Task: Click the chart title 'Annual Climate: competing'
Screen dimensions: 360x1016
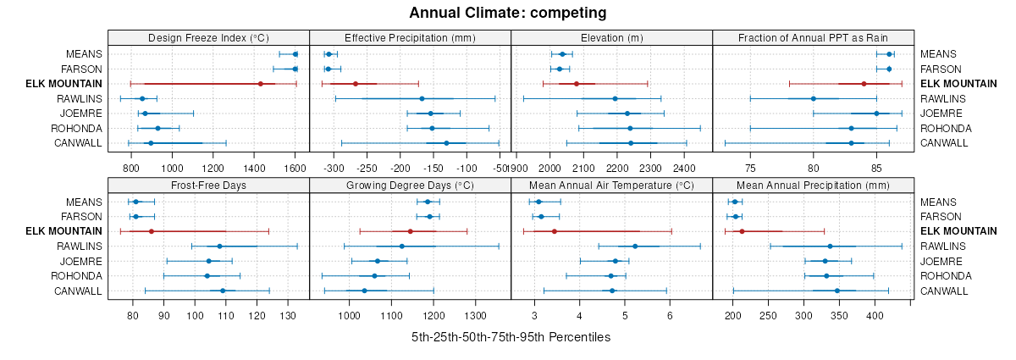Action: coord(508,13)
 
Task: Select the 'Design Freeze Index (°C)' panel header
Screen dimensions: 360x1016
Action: coord(208,37)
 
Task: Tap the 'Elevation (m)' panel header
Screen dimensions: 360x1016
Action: coord(611,37)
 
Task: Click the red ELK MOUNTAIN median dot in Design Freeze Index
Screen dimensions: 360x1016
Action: coord(260,84)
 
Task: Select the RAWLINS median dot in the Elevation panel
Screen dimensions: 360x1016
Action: coord(615,98)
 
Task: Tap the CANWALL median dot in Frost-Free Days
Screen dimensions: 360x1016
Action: coord(223,291)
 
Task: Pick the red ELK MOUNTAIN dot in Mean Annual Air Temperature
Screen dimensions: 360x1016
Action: coord(554,231)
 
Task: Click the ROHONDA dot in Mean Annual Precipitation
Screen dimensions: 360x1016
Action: coord(826,275)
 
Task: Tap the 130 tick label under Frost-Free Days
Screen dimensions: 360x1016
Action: coord(288,316)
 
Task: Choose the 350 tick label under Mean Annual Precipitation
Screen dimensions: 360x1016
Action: coord(839,316)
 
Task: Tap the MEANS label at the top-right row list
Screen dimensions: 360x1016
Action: coord(936,54)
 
